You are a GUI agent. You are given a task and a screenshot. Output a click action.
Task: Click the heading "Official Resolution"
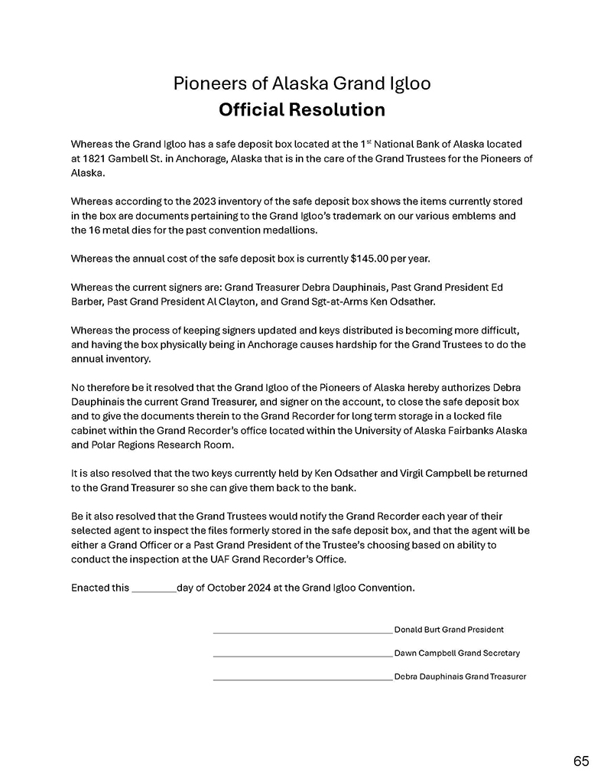coord(301,110)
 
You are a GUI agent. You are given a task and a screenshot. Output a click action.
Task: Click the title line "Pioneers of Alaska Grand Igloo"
coord(301,83)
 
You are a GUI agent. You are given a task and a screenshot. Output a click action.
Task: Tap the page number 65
coord(580,761)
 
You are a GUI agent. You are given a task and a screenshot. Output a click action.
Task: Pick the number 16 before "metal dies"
coord(97,230)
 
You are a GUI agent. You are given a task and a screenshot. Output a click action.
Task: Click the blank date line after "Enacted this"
coord(154,588)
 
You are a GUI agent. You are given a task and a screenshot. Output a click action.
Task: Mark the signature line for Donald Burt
coord(302,632)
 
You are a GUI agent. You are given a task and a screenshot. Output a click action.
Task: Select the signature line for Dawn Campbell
coord(302,656)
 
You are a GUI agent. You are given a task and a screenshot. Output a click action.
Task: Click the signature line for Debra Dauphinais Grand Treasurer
coord(302,679)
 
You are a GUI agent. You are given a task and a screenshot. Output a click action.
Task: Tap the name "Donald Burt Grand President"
coord(449,630)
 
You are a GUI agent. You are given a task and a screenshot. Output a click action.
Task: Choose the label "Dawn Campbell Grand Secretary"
coord(456,653)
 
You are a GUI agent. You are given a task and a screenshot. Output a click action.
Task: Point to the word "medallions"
coord(285,230)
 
